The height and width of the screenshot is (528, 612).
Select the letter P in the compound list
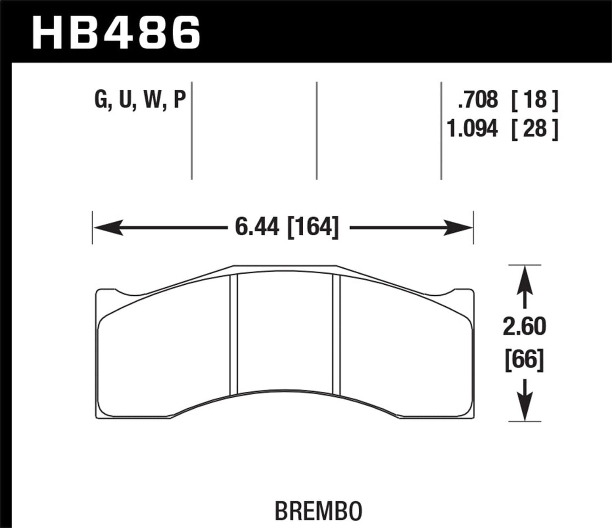pyautogui.click(x=180, y=102)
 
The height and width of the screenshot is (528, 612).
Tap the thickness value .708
pyautogui.click(x=477, y=100)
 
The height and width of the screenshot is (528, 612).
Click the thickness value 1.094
pyautogui.click(x=472, y=128)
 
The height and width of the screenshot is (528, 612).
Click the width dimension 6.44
pyautogui.click(x=257, y=228)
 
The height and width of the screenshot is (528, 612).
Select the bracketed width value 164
pyautogui.click(x=313, y=228)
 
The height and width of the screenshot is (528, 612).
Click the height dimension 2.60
pyautogui.click(x=524, y=327)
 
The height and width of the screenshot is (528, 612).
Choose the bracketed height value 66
pyautogui.click(x=524, y=362)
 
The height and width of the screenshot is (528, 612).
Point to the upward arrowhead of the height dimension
pyautogui.click(x=525, y=277)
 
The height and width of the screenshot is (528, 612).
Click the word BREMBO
pyautogui.click(x=319, y=511)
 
